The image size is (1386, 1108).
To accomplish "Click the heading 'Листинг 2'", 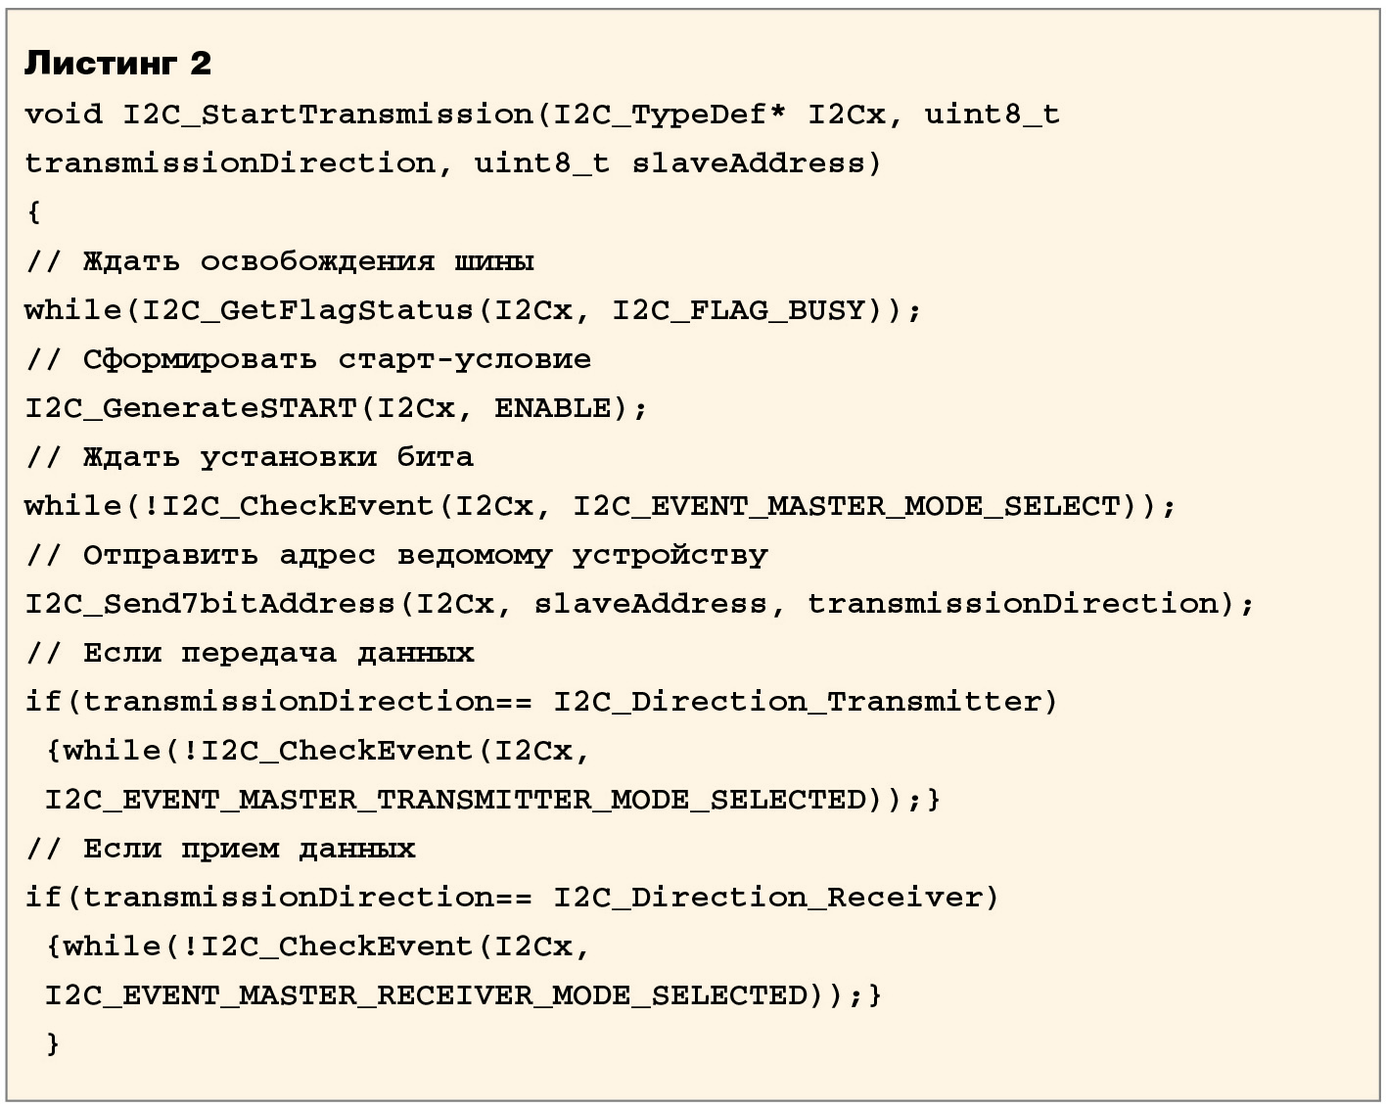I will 117,64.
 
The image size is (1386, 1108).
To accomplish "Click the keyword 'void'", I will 63,115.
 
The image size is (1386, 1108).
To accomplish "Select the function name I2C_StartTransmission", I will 327,115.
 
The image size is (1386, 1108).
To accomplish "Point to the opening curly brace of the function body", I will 34,212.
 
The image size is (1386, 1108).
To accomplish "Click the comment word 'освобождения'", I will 317,261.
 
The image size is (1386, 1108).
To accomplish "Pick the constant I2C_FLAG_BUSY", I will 739,310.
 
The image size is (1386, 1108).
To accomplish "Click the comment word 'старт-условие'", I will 464,359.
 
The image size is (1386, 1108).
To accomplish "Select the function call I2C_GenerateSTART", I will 191,408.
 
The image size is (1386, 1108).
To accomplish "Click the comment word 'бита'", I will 435,457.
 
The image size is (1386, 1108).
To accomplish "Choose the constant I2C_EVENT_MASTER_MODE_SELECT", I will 846,506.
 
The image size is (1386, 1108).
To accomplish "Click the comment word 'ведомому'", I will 474,555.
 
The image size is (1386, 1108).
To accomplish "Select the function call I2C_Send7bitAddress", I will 209,604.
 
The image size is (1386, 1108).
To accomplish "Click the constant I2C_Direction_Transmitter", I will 797,702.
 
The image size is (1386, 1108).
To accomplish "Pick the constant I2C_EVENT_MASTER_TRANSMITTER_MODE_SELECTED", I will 456,800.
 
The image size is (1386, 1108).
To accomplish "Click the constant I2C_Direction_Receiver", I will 767,898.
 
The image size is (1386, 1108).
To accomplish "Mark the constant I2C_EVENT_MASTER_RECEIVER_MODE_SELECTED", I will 427,995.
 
